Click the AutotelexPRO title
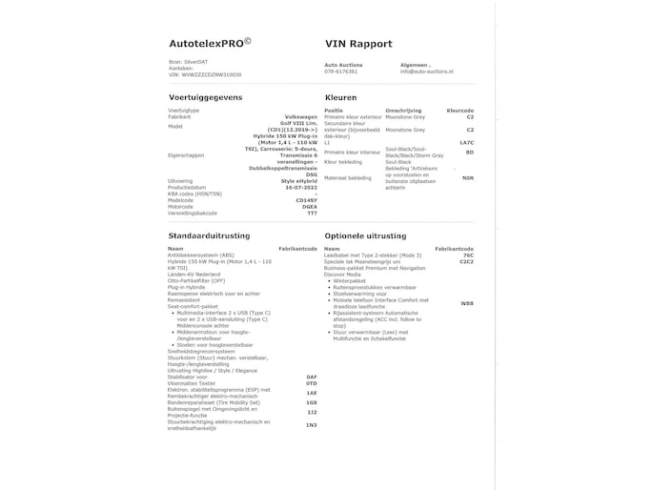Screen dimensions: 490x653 pyautogui.click(x=209, y=44)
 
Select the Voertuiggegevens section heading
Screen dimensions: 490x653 pyautogui.click(x=206, y=97)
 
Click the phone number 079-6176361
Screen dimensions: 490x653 pyautogui.click(x=341, y=71)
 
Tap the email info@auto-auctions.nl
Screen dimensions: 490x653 pyautogui.click(x=427, y=71)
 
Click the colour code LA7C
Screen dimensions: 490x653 pyautogui.click(x=466, y=142)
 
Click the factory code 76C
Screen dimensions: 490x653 pyautogui.click(x=467, y=255)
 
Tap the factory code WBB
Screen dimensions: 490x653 pyautogui.click(x=466, y=302)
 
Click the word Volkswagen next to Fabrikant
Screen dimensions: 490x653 pyautogui.click(x=300, y=116)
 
